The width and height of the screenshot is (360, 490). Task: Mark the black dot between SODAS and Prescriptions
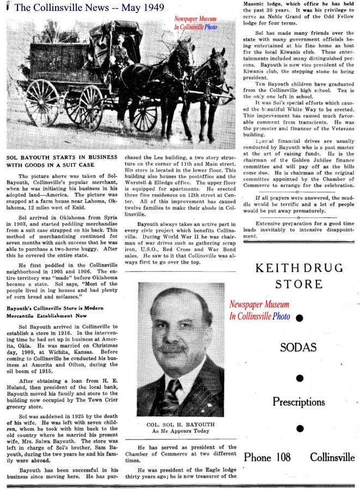(299, 377)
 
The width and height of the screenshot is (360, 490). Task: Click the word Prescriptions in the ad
(299, 402)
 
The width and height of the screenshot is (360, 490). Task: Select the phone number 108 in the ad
(283, 457)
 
